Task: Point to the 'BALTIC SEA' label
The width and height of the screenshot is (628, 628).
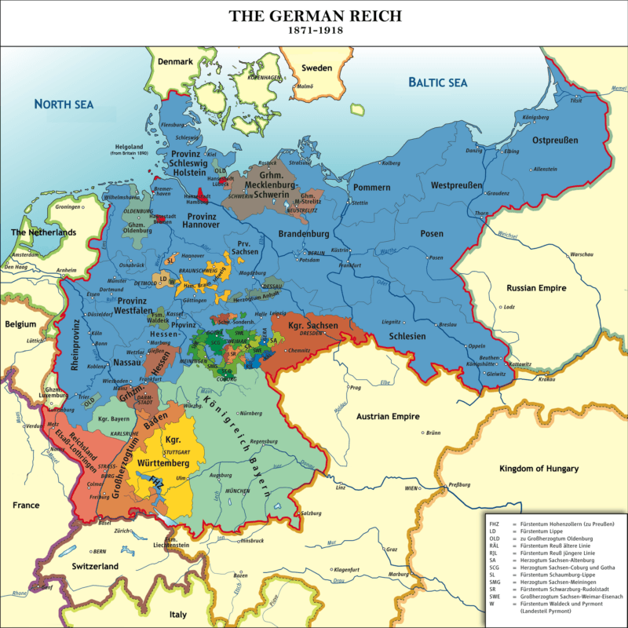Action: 437,82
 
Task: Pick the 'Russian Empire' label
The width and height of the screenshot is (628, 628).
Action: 536,288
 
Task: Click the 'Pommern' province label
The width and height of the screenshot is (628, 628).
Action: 371,188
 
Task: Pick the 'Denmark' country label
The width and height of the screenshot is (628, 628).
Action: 175,62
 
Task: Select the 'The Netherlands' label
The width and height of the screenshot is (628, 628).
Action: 43,232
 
